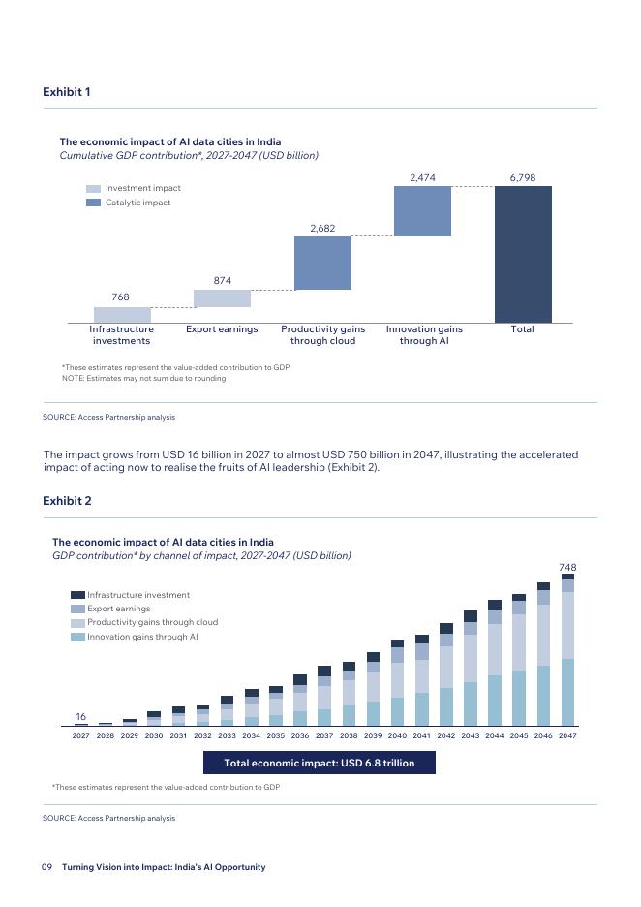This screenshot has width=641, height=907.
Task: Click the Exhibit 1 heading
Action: pyautogui.click(x=67, y=92)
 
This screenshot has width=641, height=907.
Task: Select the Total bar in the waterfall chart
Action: pyautogui.click(x=523, y=254)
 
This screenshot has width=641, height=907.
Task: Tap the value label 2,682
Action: pyautogui.click(x=322, y=228)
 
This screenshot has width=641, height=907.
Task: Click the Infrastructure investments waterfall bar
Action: pyautogui.click(x=122, y=315)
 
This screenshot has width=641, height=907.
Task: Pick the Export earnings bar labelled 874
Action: pyautogui.click(x=222, y=298)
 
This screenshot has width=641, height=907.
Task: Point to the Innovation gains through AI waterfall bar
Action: pyautogui.click(x=422, y=211)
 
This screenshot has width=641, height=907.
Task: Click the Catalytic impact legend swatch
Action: pyautogui.click(x=93, y=203)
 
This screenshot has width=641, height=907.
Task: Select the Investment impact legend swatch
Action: pyautogui.click(x=93, y=189)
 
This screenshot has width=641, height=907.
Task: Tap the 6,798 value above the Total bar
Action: pyautogui.click(x=522, y=178)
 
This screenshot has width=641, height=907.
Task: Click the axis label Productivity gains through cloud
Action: pyautogui.click(x=322, y=335)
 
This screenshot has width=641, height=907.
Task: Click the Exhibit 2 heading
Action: pyautogui.click(x=67, y=501)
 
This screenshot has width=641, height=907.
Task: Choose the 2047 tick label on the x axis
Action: pyautogui.click(x=567, y=736)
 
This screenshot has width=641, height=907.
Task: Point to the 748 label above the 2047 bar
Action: pyautogui.click(x=567, y=567)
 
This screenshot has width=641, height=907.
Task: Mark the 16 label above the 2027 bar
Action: pyautogui.click(x=80, y=717)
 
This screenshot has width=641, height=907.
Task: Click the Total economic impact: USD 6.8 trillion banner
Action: pyautogui.click(x=319, y=763)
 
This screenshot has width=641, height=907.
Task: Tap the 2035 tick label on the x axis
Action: pyautogui.click(x=276, y=736)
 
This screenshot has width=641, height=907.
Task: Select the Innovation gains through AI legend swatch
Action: pyautogui.click(x=77, y=638)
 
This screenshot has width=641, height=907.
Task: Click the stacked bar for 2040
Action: pyautogui.click(x=397, y=683)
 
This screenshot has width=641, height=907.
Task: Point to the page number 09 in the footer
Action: pyautogui.click(x=46, y=867)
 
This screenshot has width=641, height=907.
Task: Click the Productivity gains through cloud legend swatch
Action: pyautogui.click(x=77, y=623)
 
